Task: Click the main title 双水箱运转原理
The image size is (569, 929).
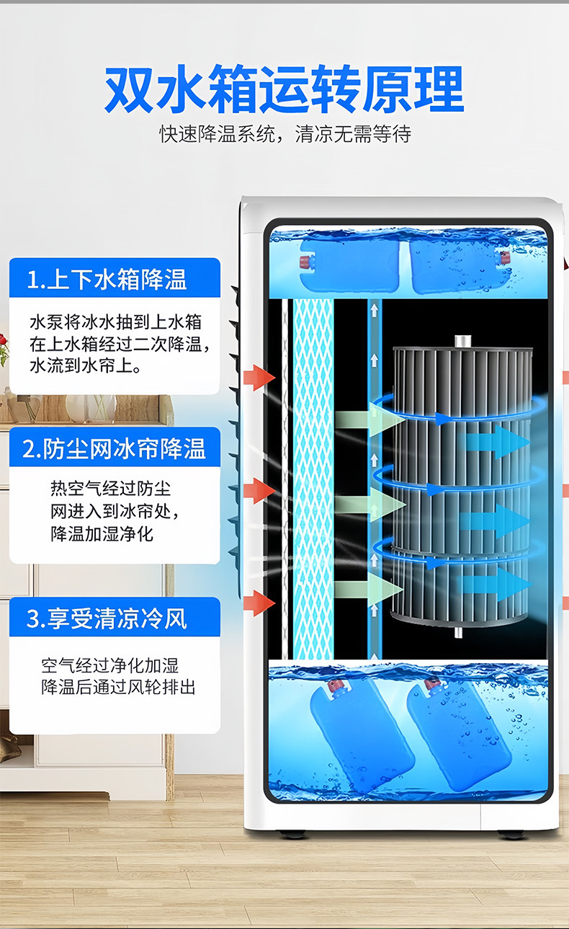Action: click(x=284, y=90)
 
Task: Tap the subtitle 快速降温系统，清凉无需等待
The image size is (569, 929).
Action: click(x=285, y=135)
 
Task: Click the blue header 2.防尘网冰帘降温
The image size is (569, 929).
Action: click(x=114, y=448)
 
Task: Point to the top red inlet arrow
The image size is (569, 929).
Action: click(x=259, y=378)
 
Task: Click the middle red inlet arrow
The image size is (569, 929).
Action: click(x=259, y=491)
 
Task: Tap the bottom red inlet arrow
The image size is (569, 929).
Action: click(x=259, y=603)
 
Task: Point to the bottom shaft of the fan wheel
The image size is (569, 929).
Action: click(x=458, y=632)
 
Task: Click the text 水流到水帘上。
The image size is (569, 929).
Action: click(x=86, y=366)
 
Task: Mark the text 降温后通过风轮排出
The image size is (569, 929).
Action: click(x=118, y=687)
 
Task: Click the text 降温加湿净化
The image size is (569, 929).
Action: click(x=102, y=534)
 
